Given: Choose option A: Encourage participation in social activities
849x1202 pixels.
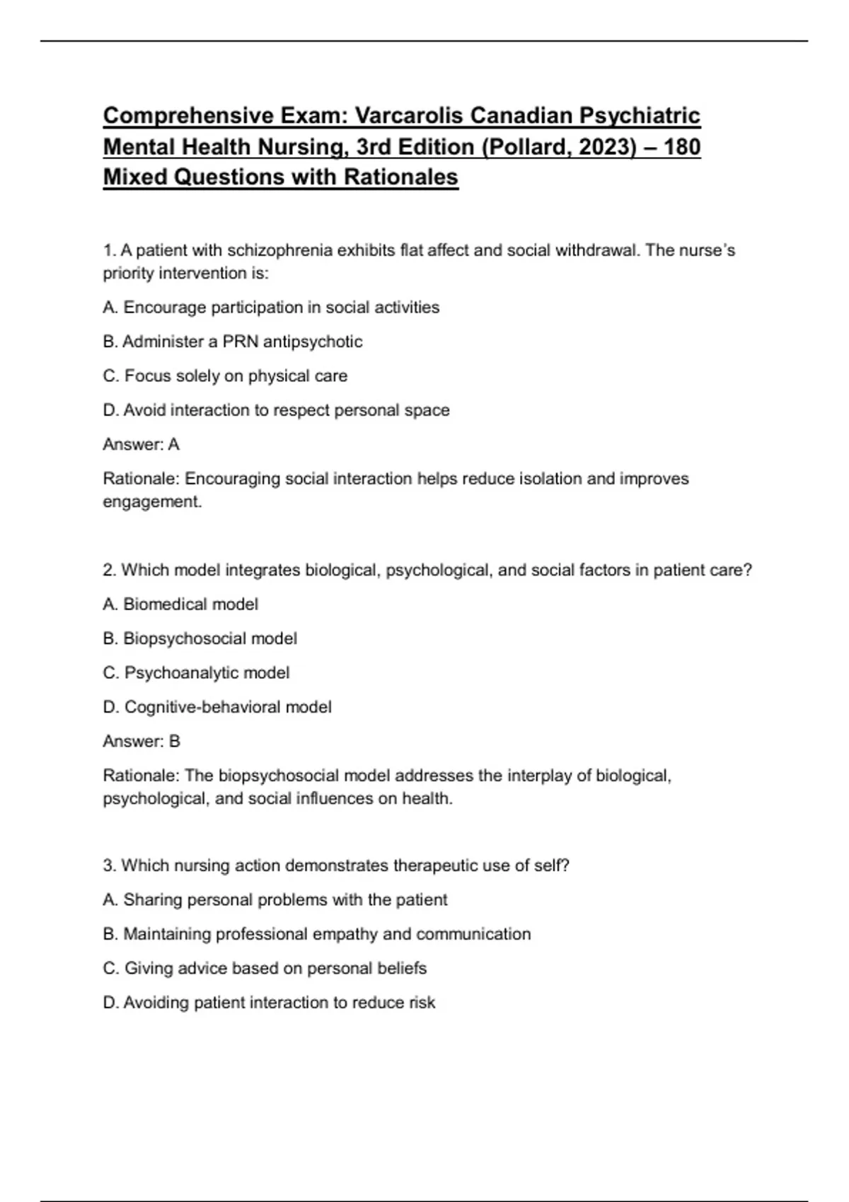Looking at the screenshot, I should click(x=271, y=308).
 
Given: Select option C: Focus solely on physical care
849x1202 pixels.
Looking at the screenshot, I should click(x=225, y=376).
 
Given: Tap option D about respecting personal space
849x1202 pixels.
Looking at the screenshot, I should click(x=276, y=410).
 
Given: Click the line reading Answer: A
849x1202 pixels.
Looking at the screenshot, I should click(x=141, y=445).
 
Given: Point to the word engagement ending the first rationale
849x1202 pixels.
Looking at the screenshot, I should click(x=151, y=502).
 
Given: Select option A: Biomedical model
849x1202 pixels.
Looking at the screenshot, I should click(x=180, y=605).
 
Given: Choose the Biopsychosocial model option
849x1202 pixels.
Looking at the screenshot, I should click(x=200, y=638).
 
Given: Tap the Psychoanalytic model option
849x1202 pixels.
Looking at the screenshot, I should click(x=196, y=673).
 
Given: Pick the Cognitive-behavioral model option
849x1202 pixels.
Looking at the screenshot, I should click(x=217, y=707).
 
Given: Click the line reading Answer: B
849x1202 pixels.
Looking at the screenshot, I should click(x=141, y=742).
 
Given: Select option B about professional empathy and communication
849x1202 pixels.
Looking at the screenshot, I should click(x=316, y=934).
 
